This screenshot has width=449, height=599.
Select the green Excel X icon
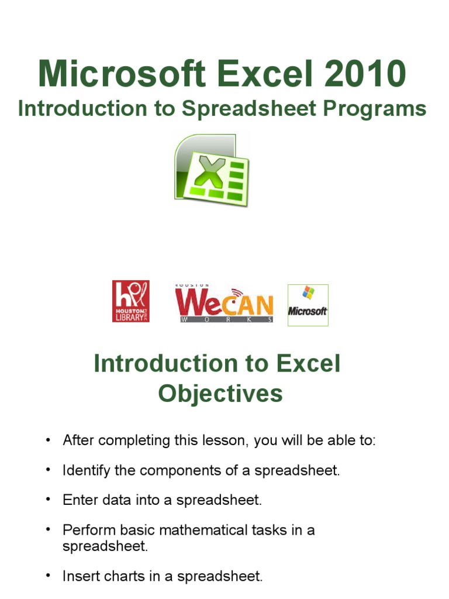tap(211, 170)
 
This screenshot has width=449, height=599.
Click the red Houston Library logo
tap(130, 301)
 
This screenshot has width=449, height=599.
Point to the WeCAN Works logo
tap(224, 304)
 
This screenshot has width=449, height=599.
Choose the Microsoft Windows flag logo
tap(308, 305)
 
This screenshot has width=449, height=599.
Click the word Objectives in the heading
tap(220, 394)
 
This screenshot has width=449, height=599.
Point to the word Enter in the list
tap(78, 500)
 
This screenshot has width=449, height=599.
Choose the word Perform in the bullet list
tap(85, 530)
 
